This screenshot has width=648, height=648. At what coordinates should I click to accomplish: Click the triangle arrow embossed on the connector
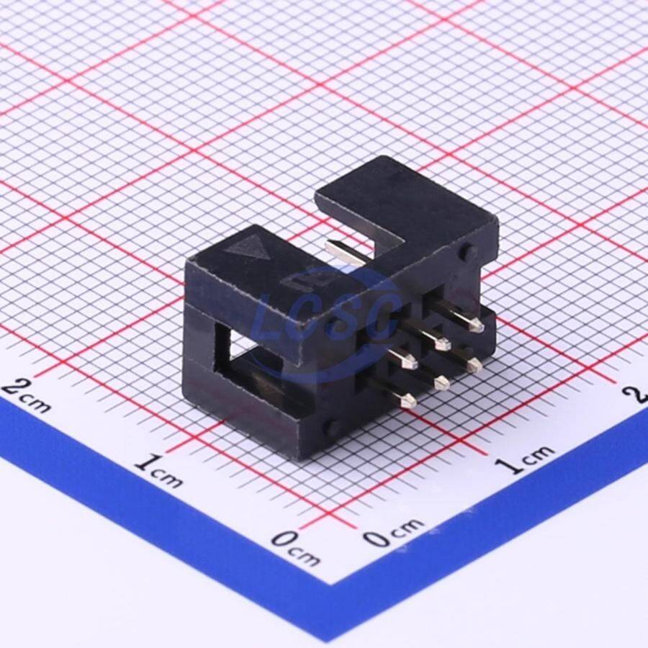[246, 248]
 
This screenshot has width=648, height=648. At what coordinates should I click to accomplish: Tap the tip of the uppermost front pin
[479, 328]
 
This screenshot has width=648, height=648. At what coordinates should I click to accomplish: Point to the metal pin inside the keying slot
[342, 252]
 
